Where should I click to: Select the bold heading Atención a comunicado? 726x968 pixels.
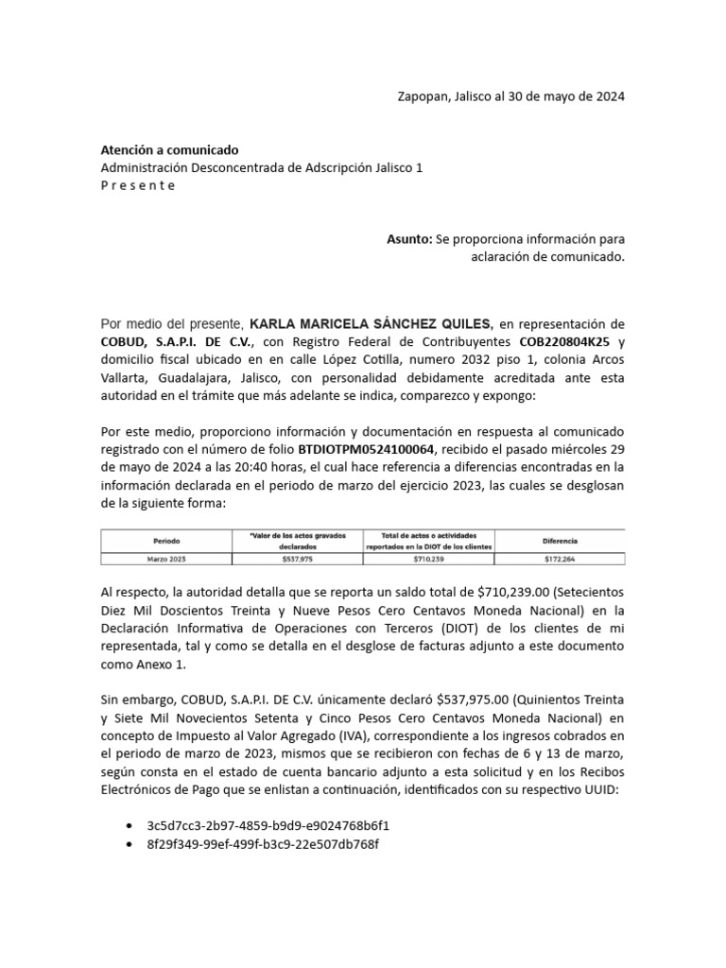coord(169,150)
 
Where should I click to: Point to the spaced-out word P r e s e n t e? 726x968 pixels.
coord(138,184)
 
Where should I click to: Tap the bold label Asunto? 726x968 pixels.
coord(409,239)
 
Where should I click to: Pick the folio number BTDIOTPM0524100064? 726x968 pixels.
coord(367,448)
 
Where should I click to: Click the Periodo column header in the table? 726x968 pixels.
coord(166,541)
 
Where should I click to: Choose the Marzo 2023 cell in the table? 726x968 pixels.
coord(166,560)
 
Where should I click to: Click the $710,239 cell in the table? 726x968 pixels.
coord(429,560)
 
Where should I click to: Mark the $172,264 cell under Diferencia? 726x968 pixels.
coord(560,560)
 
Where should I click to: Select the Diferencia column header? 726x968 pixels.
coord(560,541)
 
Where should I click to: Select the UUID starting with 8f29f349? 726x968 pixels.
coord(262,844)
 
